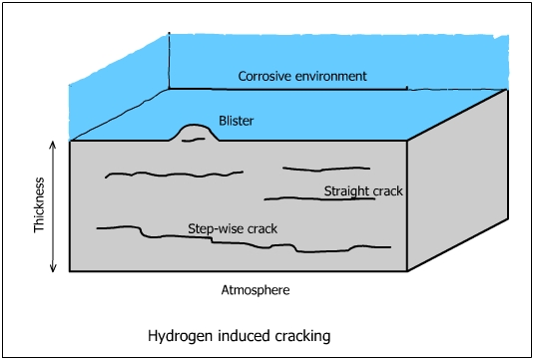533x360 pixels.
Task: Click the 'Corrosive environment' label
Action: pyautogui.click(x=301, y=76)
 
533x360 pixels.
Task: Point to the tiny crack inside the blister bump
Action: pyautogui.click(x=194, y=140)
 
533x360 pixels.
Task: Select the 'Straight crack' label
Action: pyautogui.click(x=363, y=189)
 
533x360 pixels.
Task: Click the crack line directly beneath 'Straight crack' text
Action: pyautogui.click(x=319, y=199)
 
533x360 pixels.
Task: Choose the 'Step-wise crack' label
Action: pyautogui.click(x=233, y=228)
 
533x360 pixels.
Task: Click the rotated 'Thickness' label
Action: pyautogui.click(x=40, y=206)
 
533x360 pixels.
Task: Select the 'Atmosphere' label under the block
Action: pyautogui.click(x=254, y=290)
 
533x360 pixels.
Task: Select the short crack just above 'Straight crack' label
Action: pyautogui.click(x=326, y=169)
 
